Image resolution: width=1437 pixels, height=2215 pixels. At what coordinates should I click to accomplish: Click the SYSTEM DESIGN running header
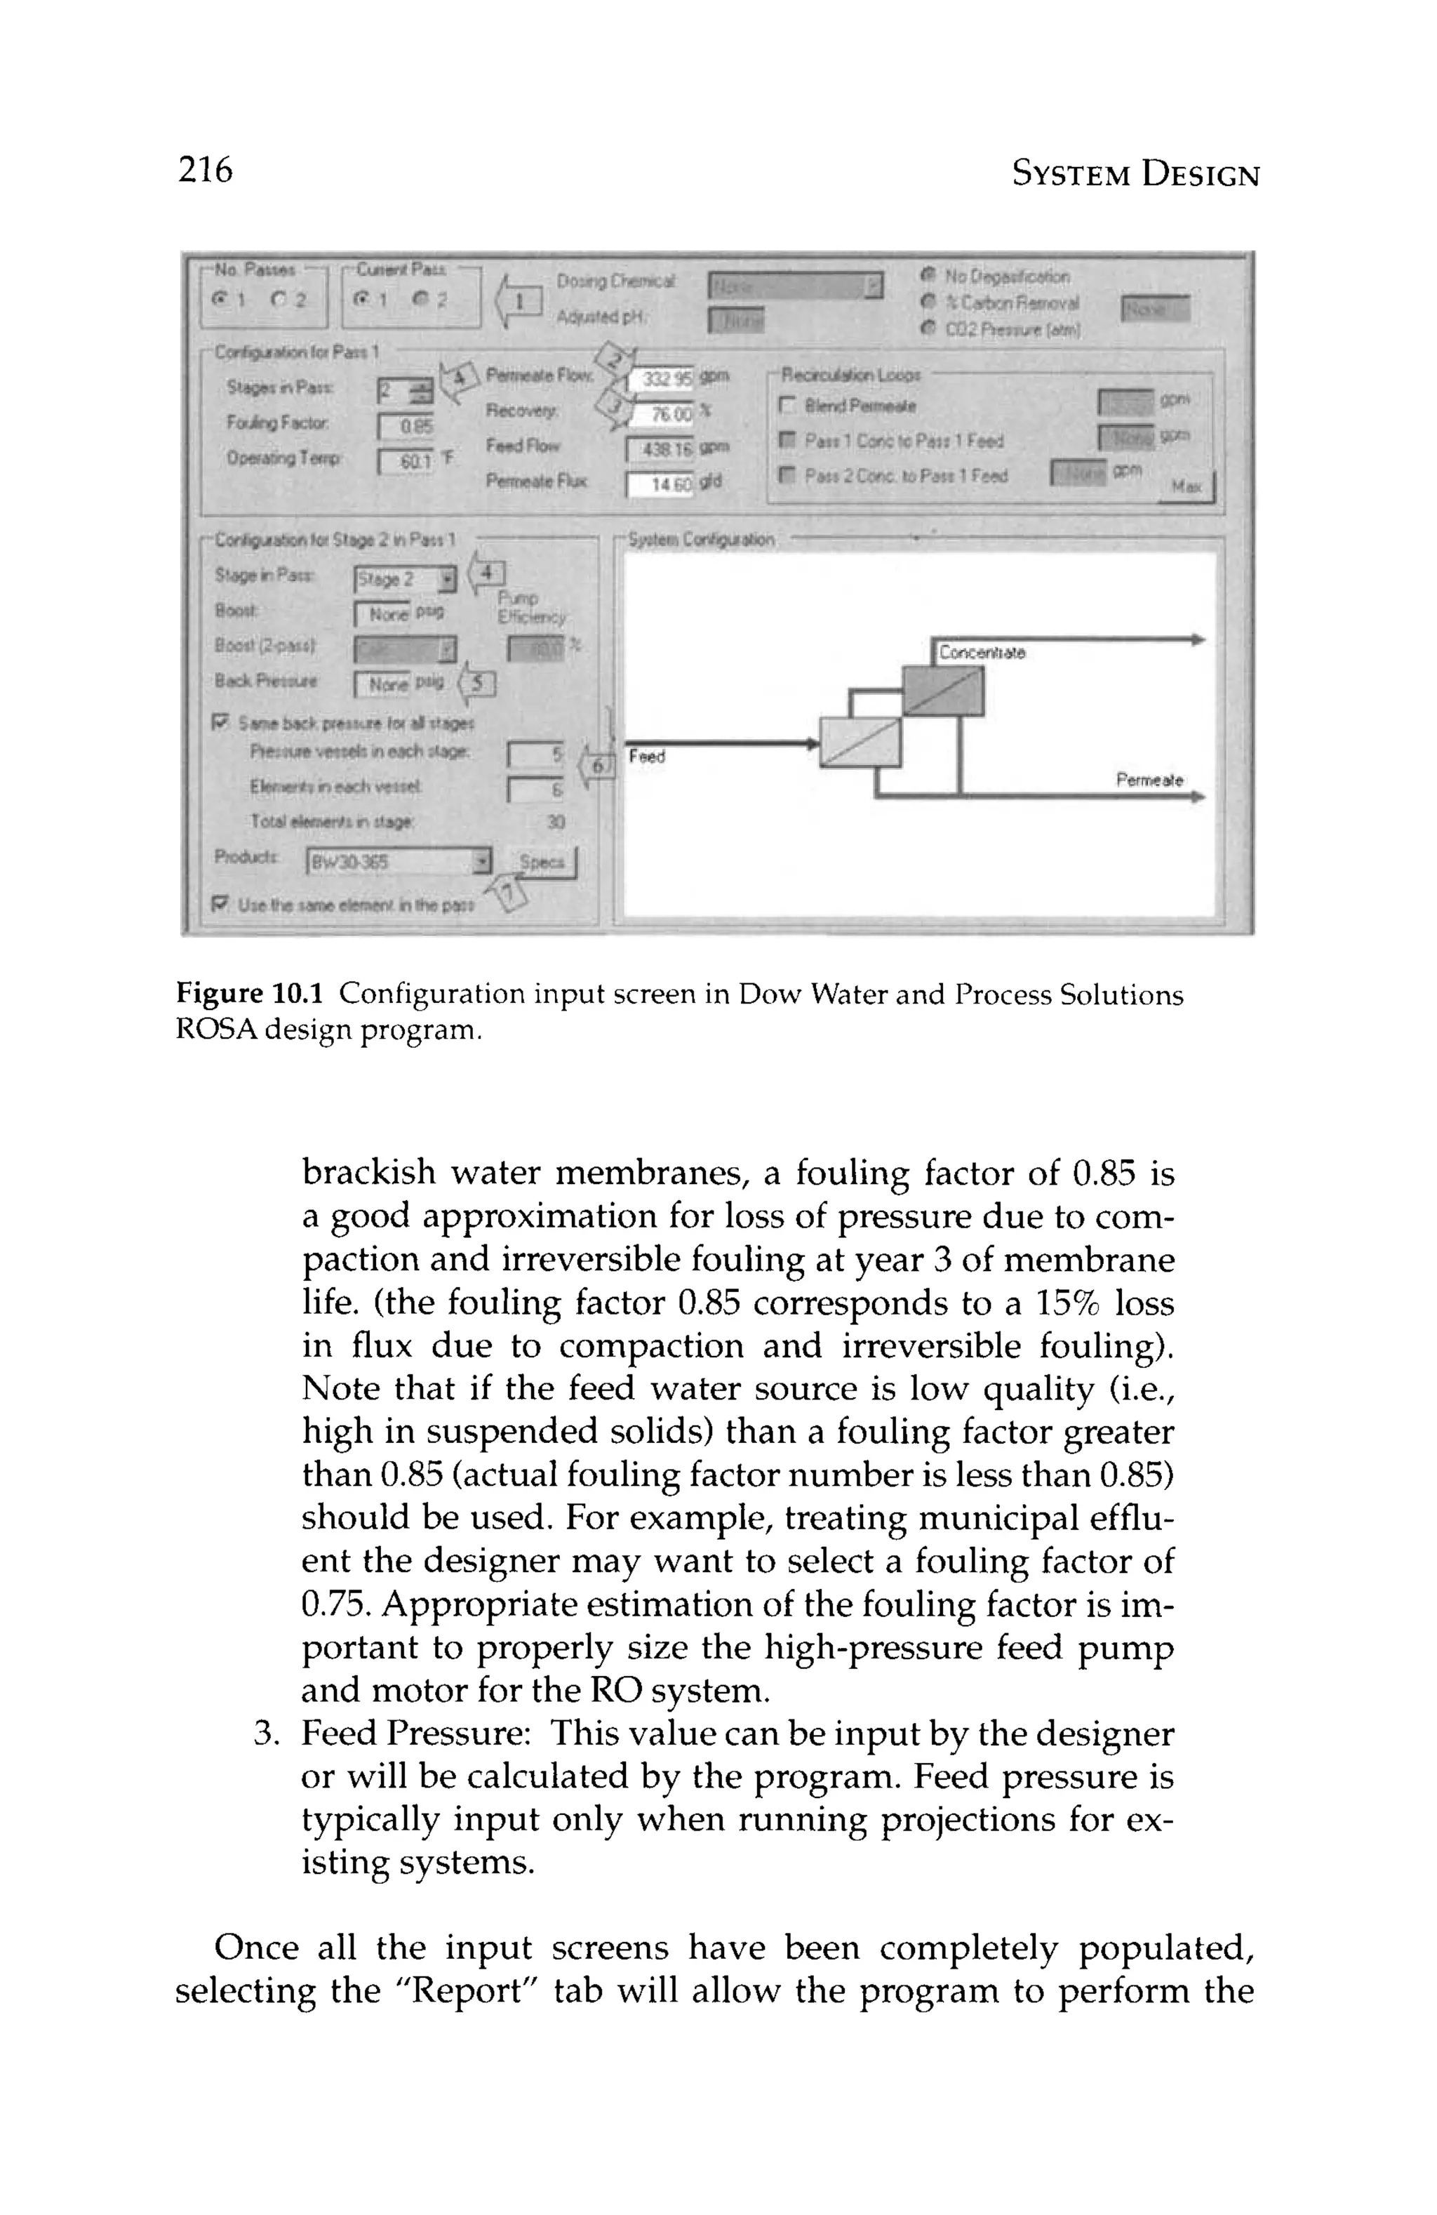[x=1135, y=174]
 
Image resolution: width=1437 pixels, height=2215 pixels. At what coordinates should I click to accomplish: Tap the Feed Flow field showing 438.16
[x=660, y=449]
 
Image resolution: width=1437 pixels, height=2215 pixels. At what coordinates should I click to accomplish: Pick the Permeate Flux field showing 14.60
[x=660, y=485]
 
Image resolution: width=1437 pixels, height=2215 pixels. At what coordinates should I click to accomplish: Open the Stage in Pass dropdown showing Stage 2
[x=406, y=580]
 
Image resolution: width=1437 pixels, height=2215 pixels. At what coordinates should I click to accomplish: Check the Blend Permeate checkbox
[x=787, y=406]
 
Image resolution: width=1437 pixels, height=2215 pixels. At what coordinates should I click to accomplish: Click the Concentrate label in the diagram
[x=981, y=653]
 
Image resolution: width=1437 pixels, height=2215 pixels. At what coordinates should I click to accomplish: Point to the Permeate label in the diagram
[x=1149, y=780]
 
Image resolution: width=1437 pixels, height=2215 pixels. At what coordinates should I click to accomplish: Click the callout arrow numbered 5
[x=479, y=684]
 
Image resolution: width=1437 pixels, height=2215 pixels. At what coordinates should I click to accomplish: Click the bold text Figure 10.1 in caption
[x=249, y=995]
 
